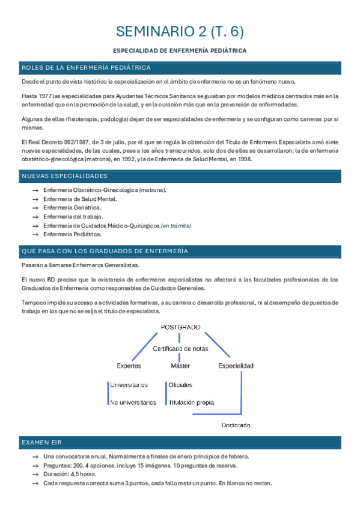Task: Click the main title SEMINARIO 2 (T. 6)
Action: [x=180, y=31]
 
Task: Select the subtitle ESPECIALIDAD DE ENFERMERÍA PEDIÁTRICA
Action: [x=180, y=52]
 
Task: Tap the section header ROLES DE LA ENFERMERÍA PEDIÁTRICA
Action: [x=85, y=67]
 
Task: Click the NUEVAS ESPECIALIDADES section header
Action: [x=64, y=176]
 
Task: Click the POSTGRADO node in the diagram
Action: [x=180, y=327]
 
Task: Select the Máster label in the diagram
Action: [x=180, y=366]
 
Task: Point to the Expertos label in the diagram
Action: [x=129, y=366]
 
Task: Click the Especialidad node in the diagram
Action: [x=236, y=366]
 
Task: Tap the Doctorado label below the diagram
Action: [x=236, y=425]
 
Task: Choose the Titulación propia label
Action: [x=191, y=402]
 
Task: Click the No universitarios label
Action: [x=133, y=402]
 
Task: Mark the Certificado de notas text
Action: [x=180, y=349]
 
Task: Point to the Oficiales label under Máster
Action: [x=180, y=385]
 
